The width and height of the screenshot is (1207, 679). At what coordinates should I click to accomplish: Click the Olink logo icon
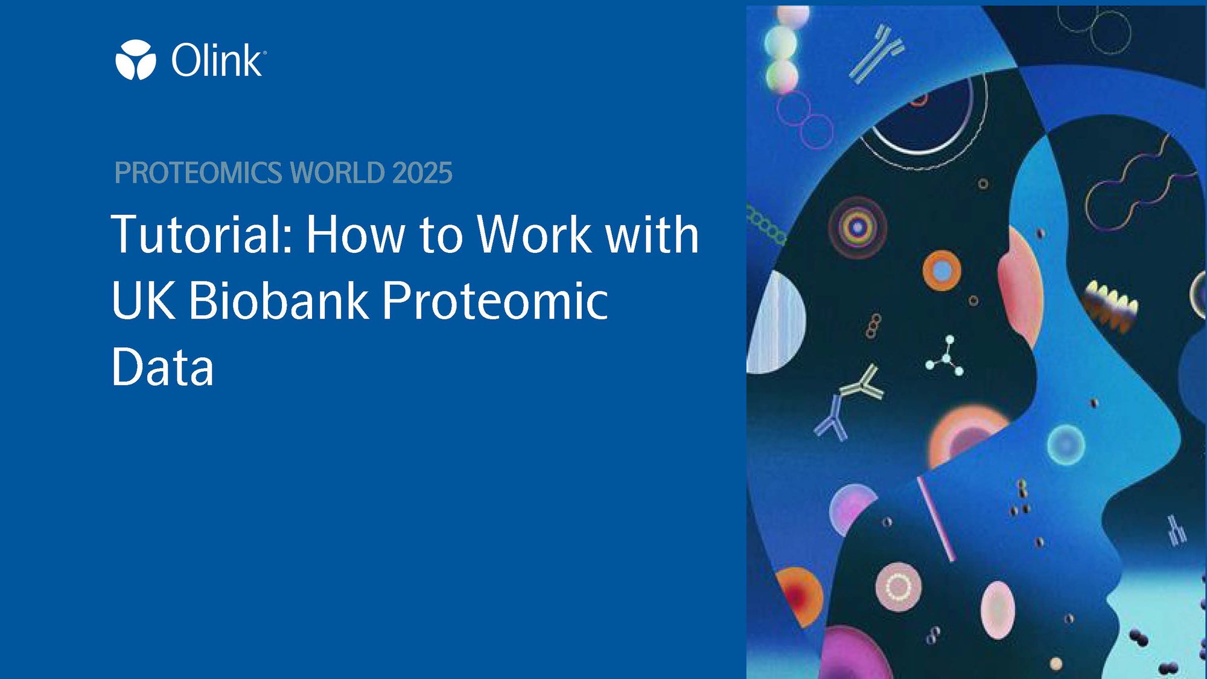tap(136, 60)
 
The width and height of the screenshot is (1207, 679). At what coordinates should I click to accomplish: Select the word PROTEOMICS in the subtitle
tap(198, 173)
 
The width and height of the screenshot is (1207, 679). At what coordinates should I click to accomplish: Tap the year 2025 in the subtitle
tap(422, 173)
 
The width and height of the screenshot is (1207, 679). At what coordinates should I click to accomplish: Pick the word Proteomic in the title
tap(495, 301)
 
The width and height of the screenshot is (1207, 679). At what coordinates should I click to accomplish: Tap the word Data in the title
tap(163, 366)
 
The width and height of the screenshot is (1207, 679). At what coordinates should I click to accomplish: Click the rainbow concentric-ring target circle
tap(858, 228)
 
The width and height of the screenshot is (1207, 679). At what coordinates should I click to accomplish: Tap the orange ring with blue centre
tap(941, 270)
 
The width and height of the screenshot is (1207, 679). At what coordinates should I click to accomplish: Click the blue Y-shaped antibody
tap(832, 418)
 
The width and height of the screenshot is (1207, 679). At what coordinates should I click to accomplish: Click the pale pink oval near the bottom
tap(998, 610)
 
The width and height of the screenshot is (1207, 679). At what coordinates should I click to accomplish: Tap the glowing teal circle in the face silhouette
tap(1066, 445)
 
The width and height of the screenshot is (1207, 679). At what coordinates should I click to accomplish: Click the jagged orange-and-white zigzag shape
tap(1110, 305)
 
